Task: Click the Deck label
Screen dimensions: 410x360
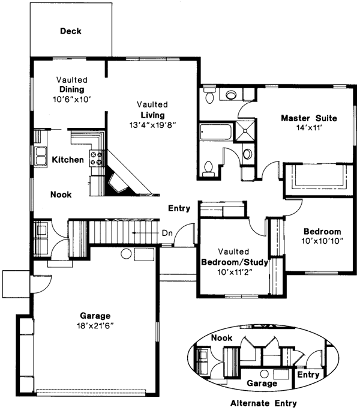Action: click(70, 31)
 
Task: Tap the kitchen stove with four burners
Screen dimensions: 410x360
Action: click(96, 158)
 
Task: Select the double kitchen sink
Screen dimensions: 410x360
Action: click(41, 156)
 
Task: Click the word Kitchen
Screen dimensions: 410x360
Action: click(67, 160)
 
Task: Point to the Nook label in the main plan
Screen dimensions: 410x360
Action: click(61, 194)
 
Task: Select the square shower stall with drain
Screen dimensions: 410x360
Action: click(245, 130)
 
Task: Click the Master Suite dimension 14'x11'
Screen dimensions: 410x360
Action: click(309, 128)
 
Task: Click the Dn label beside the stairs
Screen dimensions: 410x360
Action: click(167, 233)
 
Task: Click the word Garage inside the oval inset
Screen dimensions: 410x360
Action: click(263, 383)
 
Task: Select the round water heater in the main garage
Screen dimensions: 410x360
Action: click(127, 254)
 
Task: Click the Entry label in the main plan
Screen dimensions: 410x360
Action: click(179, 209)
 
